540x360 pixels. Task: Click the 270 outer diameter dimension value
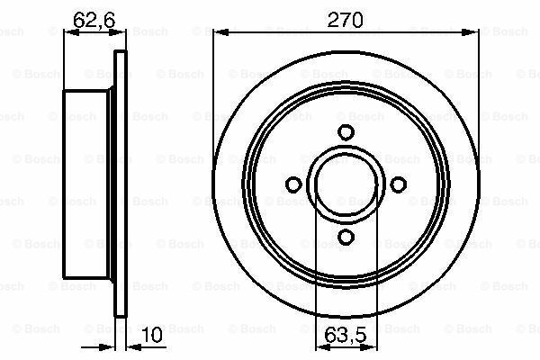pyautogui.click(x=345, y=19)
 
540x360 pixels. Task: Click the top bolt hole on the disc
pyautogui.click(x=345, y=132)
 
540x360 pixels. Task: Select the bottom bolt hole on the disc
pyautogui.click(x=345, y=237)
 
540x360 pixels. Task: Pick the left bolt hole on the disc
pyautogui.click(x=292, y=184)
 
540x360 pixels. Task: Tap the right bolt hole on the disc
pyautogui.click(x=397, y=184)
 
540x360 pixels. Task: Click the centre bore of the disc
pyautogui.click(x=345, y=184)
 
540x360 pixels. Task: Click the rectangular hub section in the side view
pyautogui.click(x=90, y=185)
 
